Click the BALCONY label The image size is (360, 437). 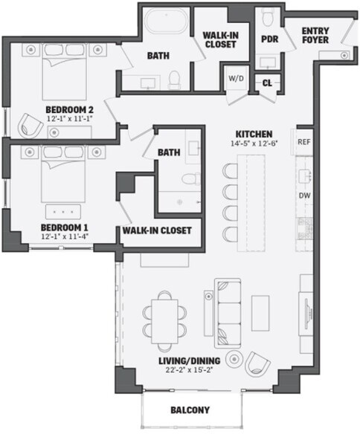[190, 410]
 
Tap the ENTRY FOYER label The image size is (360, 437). [315, 35]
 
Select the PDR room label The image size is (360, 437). [270, 39]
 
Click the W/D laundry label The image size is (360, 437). [236, 79]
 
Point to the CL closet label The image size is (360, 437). [267, 82]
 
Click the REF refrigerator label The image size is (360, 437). [303, 142]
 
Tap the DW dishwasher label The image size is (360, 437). [304, 195]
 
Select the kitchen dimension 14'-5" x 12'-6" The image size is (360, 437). [254, 143]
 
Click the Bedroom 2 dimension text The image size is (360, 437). [69, 118]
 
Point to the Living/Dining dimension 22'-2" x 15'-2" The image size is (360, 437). [190, 370]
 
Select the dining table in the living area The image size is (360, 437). [164, 321]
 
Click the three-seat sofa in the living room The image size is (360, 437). [228, 313]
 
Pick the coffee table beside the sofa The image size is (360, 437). [260, 314]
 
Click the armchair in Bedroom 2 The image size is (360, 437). [30, 126]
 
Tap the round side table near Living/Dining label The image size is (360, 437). [234, 359]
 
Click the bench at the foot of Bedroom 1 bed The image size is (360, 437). [63, 212]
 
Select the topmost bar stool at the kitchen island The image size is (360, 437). [230, 171]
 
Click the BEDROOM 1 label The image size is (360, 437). [65, 227]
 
